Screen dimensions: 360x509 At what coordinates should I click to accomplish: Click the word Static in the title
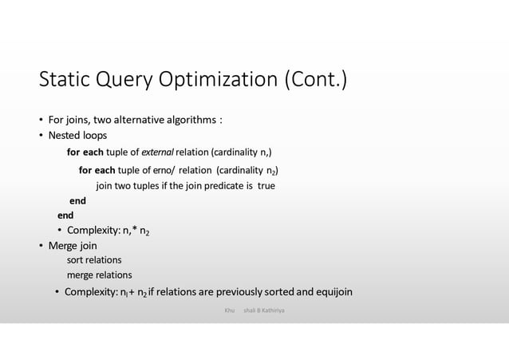[66, 81]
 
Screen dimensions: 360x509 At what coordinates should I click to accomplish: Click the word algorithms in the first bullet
[191, 121]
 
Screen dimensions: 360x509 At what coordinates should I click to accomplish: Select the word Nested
[65, 135]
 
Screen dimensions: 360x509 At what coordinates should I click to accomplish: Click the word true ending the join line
[266, 186]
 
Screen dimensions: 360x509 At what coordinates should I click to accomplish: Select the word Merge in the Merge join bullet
[65, 246]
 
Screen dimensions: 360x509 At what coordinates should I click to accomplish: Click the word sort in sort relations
[75, 260]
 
